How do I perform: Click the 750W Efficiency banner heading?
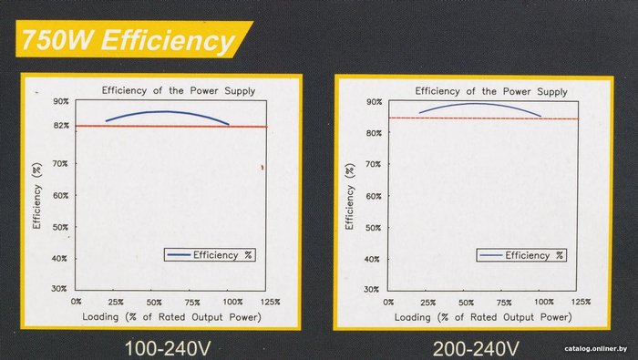[129, 40]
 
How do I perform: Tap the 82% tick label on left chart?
[61, 126]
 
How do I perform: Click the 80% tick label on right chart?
[374, 133]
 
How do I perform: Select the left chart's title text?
[179, 90]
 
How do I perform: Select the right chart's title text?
[491, 91]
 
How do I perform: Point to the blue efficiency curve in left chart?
[167, 111]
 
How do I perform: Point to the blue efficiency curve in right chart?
[480, 104]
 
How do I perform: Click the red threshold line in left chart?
[171, 126]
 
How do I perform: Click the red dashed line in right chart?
[483, 118]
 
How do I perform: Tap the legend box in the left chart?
[210, 255]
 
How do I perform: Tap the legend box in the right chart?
[521, 255]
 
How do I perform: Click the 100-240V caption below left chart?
[168, 349]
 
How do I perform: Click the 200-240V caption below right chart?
[476, 349]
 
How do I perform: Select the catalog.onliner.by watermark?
[596, 349]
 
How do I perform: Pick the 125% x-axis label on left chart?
[270, 302]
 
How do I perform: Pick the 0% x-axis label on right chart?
[388, 303]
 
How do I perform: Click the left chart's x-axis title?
[171, 317]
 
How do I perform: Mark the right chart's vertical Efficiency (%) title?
[349, 196]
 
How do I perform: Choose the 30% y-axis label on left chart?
[59, 288]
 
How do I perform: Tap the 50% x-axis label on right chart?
[467, 303]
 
